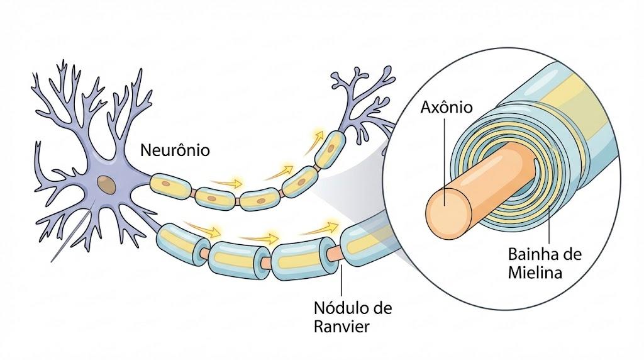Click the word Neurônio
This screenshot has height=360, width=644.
click(175, 150)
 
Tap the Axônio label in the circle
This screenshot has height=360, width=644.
click(447, 107)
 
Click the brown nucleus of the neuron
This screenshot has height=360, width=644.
click(106, 184)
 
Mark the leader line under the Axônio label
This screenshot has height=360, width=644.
click(445, 160)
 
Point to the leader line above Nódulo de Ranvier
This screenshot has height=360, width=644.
click(341, 280)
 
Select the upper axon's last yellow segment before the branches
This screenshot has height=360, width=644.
click(330, 150)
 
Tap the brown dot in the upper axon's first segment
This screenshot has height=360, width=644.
click(165, 183)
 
